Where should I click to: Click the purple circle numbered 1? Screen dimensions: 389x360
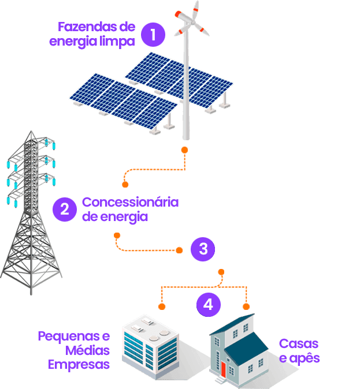click(x=152, y=34)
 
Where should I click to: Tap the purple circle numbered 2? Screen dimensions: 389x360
click(x=64, y=209)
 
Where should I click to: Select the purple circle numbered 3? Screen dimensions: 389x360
click(x=203, y=249)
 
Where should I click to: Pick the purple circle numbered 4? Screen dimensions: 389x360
click(x=208, y=304)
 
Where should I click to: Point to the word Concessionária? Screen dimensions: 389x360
click(x=131, y=203)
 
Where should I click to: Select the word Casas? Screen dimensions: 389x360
click(x=299, y=344)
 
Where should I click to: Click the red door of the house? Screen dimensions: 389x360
click(x=222, y=368)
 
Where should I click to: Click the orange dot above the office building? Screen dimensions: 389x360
click(x=162, y=306)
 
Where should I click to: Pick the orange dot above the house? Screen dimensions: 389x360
click(x=246, y=306)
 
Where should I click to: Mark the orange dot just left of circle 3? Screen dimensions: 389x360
click(x=179, y=250)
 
